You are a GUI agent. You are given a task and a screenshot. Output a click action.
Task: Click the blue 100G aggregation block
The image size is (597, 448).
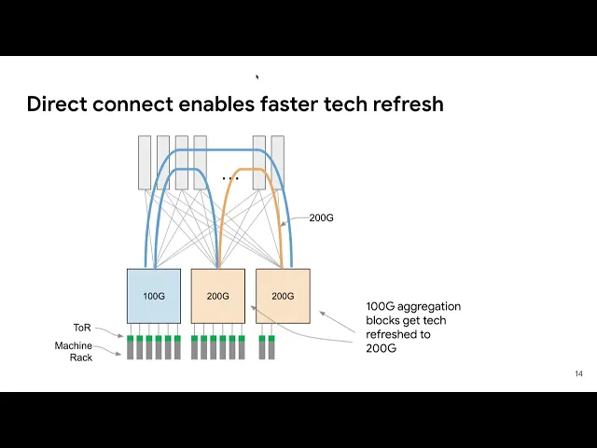(x=154, y=296)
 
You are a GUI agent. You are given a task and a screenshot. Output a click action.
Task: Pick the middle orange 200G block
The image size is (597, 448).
(x=217, y=296)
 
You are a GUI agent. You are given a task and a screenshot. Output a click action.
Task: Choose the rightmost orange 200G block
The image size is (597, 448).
(x=283, y=296)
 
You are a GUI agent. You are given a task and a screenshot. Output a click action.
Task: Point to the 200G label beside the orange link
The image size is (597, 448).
(x=321, y=217)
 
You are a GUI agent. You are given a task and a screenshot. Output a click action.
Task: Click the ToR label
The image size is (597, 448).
(x=82, y=328)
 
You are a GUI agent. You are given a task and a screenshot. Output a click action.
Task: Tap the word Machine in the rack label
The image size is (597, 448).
(x=74, y=345)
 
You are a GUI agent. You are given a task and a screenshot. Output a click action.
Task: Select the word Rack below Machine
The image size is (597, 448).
(x=81, y=357)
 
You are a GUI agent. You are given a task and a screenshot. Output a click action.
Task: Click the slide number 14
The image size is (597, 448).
(x=578, y=374)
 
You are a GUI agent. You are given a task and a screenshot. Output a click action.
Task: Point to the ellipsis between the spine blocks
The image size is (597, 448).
(x=229, y=177)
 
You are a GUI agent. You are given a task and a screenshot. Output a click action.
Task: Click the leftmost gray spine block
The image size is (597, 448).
(x=145, y=162)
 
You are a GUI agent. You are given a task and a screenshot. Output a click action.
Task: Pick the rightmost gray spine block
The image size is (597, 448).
(x=277, y=162)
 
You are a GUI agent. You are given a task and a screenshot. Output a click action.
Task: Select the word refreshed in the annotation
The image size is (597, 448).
(x=392, y=334)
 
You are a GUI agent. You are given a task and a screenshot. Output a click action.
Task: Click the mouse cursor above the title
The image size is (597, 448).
(x=257, y=77)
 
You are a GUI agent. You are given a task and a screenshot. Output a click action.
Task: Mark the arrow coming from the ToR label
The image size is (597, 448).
(x=110, y=333)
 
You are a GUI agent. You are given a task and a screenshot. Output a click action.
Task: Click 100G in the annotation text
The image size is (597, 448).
(x=380, y=306)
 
